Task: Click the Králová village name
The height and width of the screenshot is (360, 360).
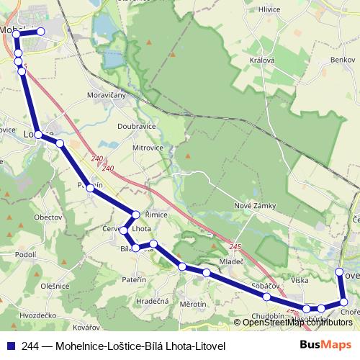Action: (x=261, y=60)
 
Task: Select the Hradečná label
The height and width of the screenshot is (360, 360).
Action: (x=153, y=302)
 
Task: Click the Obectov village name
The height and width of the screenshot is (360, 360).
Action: (x=48, y=217)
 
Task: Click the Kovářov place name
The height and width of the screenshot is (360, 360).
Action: (x=66, y=328)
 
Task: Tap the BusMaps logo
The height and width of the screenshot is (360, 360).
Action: (x=325, y=346)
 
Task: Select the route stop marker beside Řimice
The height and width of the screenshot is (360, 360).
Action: (x=136, y=215)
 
